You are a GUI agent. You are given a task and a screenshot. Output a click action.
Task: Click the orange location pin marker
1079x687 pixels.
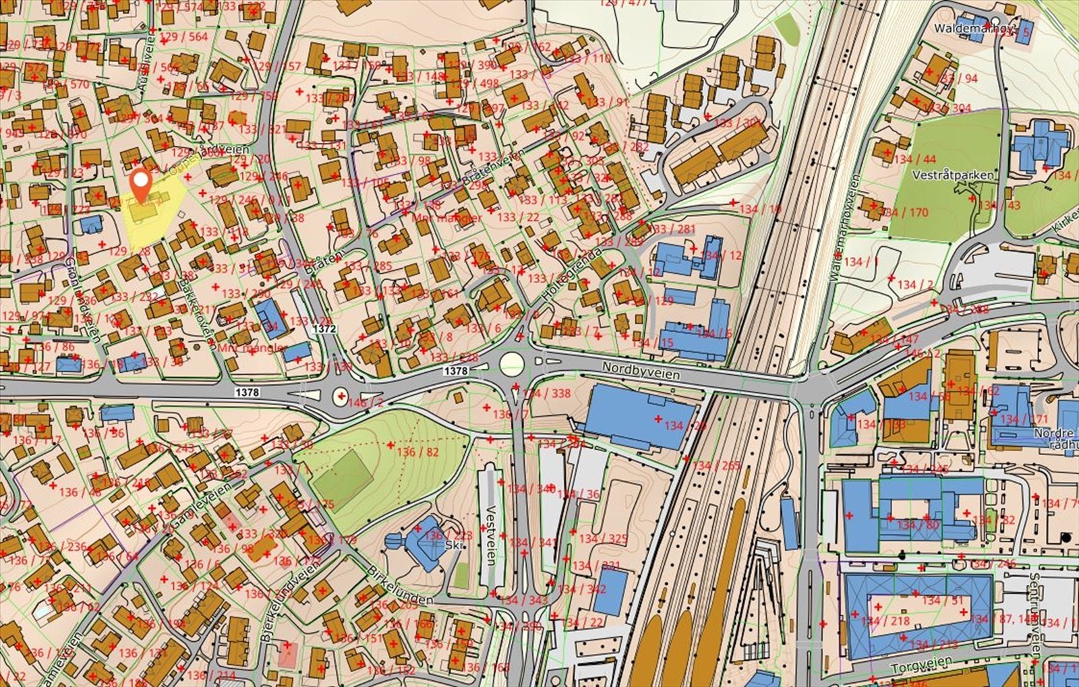140,181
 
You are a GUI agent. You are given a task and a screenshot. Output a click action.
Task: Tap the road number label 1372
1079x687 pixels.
324,328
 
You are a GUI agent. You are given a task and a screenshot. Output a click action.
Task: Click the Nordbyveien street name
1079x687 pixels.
641,370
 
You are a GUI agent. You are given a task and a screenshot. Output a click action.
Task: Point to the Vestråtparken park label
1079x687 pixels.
952,175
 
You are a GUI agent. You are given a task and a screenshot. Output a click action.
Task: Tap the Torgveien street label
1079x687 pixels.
921,665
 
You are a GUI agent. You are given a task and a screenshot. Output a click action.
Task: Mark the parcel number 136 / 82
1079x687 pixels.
417,452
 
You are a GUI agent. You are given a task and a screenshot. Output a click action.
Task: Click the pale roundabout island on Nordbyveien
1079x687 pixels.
512,364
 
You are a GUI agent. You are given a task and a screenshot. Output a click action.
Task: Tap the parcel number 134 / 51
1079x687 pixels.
942,600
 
